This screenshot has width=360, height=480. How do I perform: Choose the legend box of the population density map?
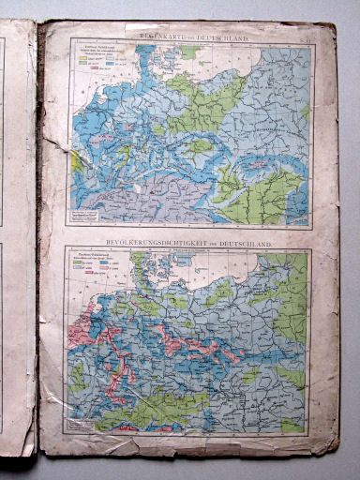[x=97, y=270]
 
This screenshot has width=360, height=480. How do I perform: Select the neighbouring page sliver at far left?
[x=15, y=234]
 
